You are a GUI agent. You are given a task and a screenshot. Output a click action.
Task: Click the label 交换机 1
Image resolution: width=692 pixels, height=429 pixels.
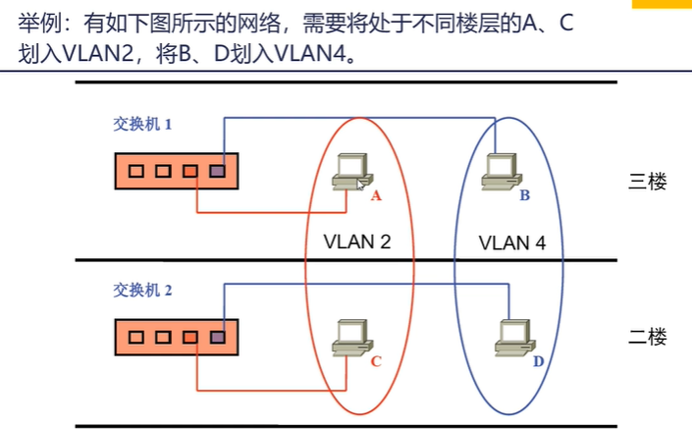pyautogui.click(x=142, y=124)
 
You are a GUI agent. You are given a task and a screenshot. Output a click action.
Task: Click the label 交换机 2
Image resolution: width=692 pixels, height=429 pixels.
pyautogui.click(x=142, y=291)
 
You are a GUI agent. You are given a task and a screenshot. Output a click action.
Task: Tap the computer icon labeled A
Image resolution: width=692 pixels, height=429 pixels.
pyautogui.click(x=352, y=172)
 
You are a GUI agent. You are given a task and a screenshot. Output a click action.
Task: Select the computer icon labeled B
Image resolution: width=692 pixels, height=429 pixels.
pyautogui.click(x=502, y=172)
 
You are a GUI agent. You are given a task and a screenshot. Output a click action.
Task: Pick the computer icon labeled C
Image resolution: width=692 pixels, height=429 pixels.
pyautogui.click(x=352, y=338)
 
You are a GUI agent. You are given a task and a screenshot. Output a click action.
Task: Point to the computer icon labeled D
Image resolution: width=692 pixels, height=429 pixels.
pyautogui.click(x=515, y=338)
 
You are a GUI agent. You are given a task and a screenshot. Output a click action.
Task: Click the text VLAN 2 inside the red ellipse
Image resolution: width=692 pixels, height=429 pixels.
pyautogui.click(x=357, y=241)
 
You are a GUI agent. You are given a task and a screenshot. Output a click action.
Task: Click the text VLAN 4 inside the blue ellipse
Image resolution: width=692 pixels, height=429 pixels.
pyautogui.click(x=512, y=242)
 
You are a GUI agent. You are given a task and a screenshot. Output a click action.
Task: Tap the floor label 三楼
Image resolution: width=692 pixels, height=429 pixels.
pyautogui.click(x=648, y=182)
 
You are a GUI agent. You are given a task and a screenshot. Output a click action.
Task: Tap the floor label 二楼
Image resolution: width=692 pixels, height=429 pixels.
pyautogui.click(x=648, y=337)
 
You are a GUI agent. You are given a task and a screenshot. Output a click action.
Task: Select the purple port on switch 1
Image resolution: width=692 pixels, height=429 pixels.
pyautogui.click(x=217, y=171)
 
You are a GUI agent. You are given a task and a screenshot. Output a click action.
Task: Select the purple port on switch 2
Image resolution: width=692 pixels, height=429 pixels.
pyautogui.click(x=217, y=338)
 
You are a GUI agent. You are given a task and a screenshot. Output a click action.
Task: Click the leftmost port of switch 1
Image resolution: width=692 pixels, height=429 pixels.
pyautogui.click(x=135, y=171)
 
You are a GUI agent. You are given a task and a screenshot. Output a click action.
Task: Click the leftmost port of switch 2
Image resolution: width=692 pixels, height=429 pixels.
pyautogui.click(x=135, y=338)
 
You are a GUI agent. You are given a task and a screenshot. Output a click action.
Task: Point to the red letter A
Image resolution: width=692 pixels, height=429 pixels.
pyautogui.click(x=376, y=195)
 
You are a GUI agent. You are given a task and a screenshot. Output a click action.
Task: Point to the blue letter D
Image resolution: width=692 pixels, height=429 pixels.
pyautogui.click(x=539, y=361)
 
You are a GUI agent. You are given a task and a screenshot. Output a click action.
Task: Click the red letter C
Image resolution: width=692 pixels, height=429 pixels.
pyautogui.click(x=376, y=361)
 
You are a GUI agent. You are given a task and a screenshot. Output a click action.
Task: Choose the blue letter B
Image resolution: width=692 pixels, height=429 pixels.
pyautogui.click(x=525, y=195)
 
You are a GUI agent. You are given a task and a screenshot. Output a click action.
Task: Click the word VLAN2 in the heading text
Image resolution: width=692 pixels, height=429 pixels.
pyautogui.click(x=98, y=54)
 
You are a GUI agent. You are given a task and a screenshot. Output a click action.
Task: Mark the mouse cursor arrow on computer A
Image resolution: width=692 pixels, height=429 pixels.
pyautogui.click(x=360, y=185)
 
